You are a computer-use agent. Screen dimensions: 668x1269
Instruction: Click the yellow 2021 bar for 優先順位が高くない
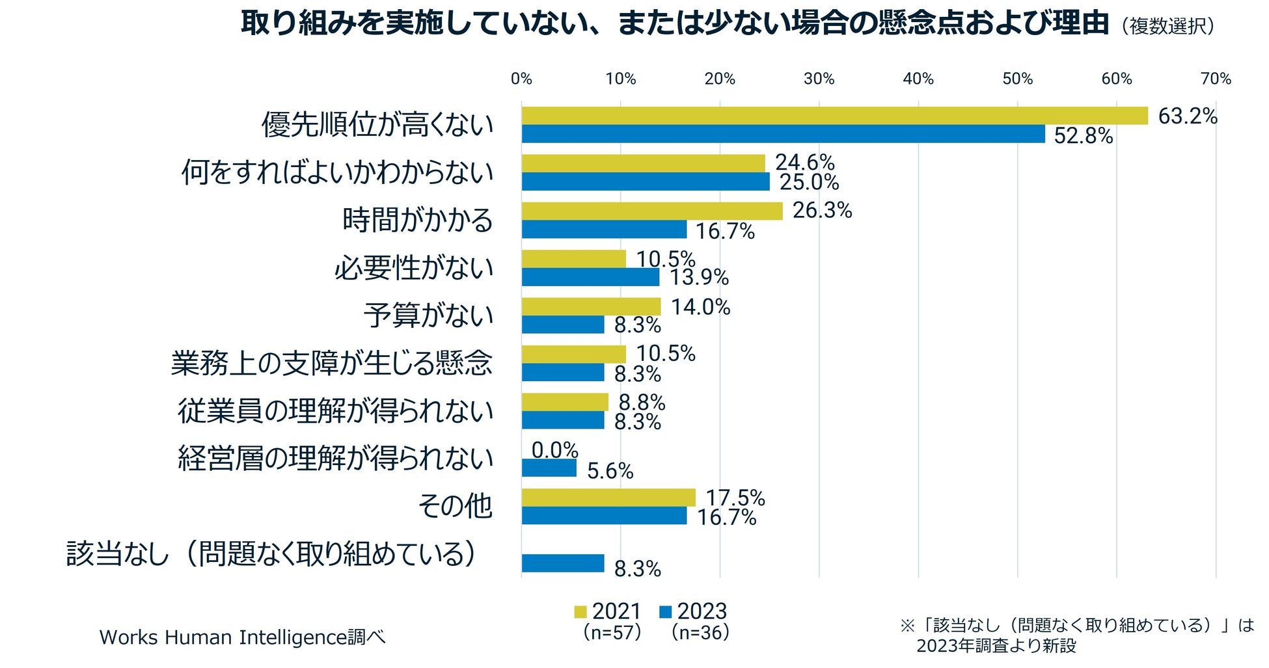(834, 116)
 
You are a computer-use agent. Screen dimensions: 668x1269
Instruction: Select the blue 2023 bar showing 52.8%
(783, 134)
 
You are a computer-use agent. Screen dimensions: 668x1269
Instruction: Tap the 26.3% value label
(822, 210)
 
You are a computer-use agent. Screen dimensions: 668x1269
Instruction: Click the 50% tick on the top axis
(1017, 79)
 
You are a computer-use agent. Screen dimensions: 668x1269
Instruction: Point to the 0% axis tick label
(521, 79)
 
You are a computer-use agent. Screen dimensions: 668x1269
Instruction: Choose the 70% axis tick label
(1216, 79)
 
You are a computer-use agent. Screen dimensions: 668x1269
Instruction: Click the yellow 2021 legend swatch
(580, 612)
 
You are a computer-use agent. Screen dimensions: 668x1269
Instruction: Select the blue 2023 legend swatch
(665, 612)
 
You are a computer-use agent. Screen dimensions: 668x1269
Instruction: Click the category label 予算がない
(428, 315)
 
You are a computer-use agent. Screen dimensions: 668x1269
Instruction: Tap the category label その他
(455, 506)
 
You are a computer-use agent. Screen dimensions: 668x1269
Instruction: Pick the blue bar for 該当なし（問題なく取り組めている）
(563, 563)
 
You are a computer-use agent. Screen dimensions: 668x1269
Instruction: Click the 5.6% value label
(610, 471)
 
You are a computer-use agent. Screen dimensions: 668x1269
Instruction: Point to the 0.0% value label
(554, 450)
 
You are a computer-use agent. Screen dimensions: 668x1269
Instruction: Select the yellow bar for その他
(608, 498)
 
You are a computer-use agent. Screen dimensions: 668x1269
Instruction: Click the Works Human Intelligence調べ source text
(242, 637)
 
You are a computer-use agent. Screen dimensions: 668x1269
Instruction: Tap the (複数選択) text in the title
(1167, 26)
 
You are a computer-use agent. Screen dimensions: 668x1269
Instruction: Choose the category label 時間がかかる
(418, 220)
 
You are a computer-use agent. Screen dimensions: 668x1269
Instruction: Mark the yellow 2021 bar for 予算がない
(591, 306)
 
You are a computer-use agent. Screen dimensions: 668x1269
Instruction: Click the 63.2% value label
(1187, 116)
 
